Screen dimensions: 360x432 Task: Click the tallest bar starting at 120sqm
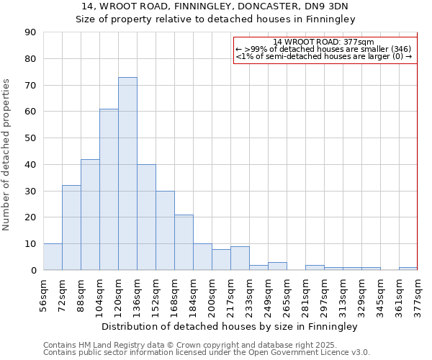(x=127, y=174)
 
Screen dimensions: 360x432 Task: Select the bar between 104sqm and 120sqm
(x=109, y=189)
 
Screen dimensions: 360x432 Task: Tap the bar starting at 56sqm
(x=53, y=257)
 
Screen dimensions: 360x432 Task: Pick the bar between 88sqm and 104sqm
(x=90, y=215)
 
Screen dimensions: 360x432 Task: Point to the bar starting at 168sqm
(x=184, y=243)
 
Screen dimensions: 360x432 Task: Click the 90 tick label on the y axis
(x=30, y=32)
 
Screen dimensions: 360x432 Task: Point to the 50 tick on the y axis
(x=30, y=138)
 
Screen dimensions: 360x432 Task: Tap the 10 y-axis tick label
(x=30, y=244)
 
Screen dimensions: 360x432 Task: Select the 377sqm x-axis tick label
(x=418, y=296)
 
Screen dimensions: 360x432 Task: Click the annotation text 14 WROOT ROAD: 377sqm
(x=324, y=42)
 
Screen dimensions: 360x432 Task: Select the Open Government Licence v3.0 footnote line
(x=207, y=353)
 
